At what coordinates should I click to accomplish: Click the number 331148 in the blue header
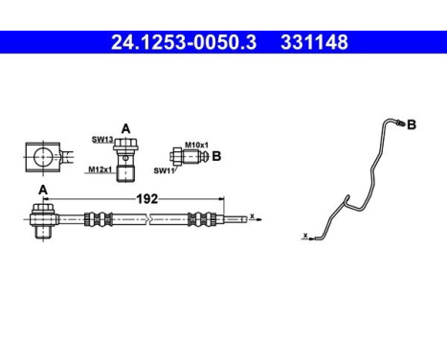coord(313,42)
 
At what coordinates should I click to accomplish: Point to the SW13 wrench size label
coord(102,140)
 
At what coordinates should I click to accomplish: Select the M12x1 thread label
coord(99,169)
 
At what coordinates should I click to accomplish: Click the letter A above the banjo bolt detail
coord(125,127)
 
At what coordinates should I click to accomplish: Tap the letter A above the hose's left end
coord(42,190)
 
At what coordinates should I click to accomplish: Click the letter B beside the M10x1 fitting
coord(216,155)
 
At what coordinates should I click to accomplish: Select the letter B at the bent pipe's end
coord(412,124)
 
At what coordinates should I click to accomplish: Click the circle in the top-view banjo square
coord(42,155)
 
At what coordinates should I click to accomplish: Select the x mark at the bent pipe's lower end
coord(304,235)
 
